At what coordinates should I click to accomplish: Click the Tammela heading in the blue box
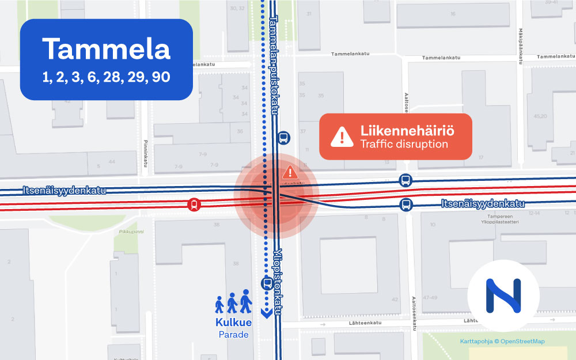coord(107,50)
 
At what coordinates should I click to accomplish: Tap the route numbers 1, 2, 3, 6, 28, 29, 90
coord(107,77)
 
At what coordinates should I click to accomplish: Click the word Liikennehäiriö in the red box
coord(407,131)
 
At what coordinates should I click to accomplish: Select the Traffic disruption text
coord(404,144)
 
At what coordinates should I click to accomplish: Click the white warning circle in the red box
coord(342,137)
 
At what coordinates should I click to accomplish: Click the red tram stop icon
coord(195,204)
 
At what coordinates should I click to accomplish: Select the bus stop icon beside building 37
coord(283,138)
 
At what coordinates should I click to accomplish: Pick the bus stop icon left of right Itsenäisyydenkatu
coord(406,204)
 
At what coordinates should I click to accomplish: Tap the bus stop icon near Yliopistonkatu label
coord(267,283)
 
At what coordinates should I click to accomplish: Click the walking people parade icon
coord(233,302)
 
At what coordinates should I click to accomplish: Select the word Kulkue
coord(233,323)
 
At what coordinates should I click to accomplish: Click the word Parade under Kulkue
coord(233,334)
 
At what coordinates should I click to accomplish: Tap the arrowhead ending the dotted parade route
coord(266,314)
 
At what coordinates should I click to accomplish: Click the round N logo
coord(503,295)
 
